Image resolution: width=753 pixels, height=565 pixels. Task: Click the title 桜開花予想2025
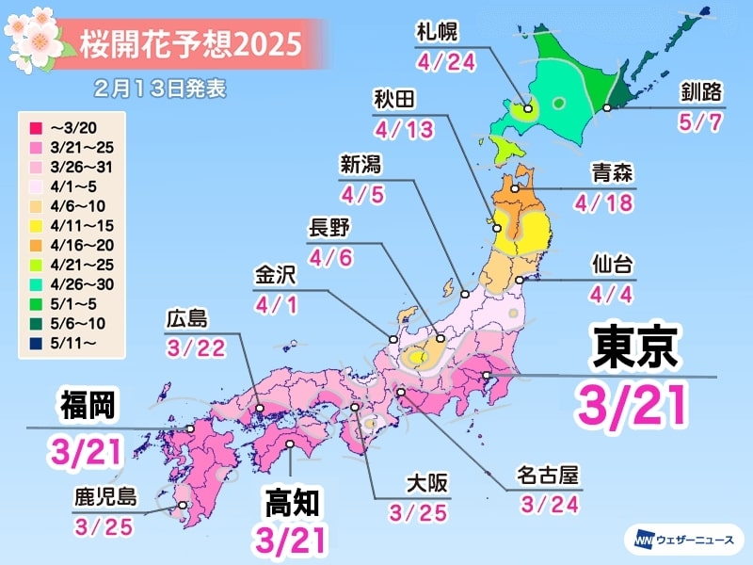point(192,43)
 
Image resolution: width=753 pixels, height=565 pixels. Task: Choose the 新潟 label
point(360,167)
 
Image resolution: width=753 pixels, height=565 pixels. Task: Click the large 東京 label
point(633,349)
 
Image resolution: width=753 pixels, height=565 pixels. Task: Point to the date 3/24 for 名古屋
point(541,506)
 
